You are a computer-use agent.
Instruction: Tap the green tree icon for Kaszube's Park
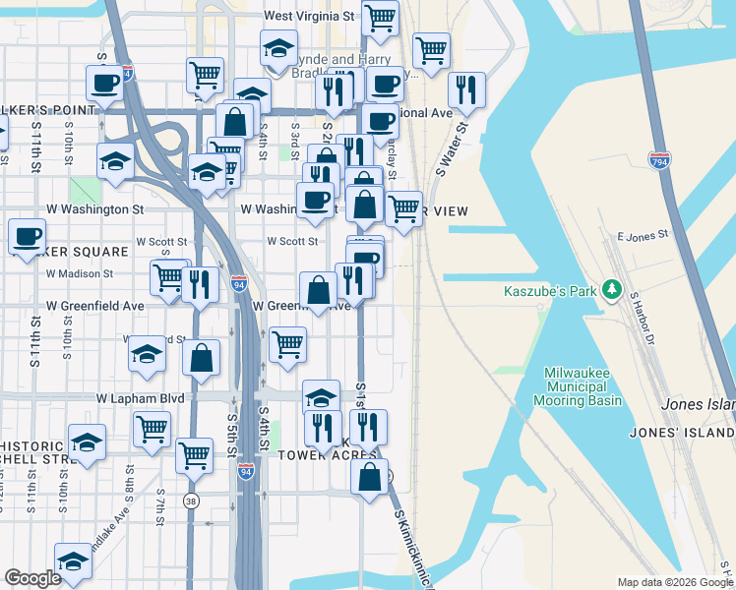(613, 289)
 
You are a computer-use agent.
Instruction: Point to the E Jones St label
(643, 235)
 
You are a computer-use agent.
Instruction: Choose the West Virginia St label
(310, 17)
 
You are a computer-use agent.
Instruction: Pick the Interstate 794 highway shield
(659, 161)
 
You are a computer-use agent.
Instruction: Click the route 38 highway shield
(188, 501)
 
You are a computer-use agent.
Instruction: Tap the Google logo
(32, 578)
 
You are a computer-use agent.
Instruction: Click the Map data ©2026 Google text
(674, 582)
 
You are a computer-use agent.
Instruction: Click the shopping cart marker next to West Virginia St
(380, 16)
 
